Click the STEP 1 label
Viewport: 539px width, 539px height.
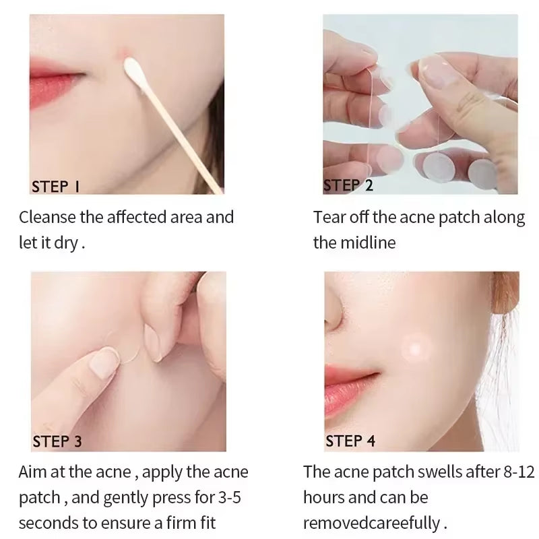click(55, 187)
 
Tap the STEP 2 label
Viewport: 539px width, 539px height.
click(348, 185)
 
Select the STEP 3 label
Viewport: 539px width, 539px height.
click(57, 441)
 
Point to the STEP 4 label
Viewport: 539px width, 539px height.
click(350, 441)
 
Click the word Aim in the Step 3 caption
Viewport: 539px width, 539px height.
click(32, 472)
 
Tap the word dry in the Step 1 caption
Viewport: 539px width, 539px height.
click(65, 243)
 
